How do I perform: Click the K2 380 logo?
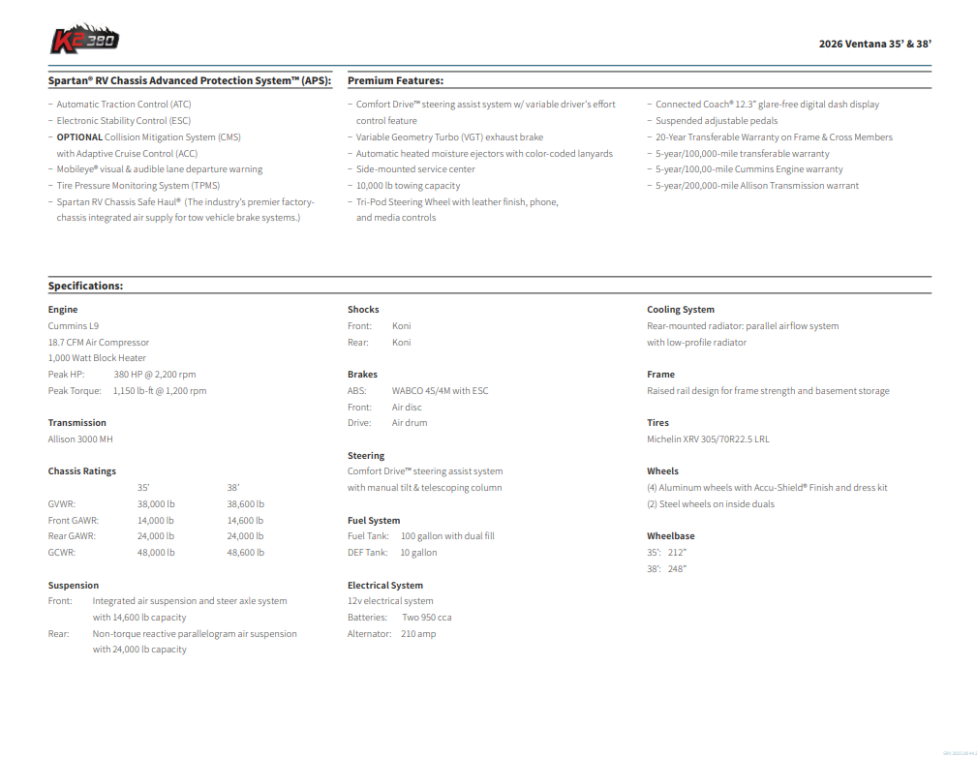pyautogui.click(x=84, y=40)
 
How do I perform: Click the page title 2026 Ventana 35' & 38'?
pyautogui.click(x=874, y=44)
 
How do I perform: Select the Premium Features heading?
pyautogui.click(x=395, y=81)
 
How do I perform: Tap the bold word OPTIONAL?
pyautogui.click(x=79, y=137)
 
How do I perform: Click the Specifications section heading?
pyautogui.click(x=85, y=287)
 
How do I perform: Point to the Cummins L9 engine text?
pyautogui.click(x=74, y=326)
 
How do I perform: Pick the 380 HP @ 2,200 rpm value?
pyautogui.click(x=155, y=375)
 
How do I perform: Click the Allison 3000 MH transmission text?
pyautogui.click(x=80, y=439)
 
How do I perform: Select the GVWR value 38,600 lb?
pyautogui.click(x=245, y=504)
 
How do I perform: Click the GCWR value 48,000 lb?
pyautogui.click(x=156, y=553)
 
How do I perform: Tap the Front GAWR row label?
pyautogui.click(x=74, y=521)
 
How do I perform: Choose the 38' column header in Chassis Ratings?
pyautogui.click(x=233, y=488)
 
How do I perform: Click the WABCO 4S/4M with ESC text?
pyautogui.click(x=440, y=391)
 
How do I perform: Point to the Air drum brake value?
pyautogui.click(x=410, y=423)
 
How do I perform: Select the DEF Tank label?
pyautogui.click(x=367, y=553)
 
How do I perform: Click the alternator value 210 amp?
pyautogui.click(x=418, y=634)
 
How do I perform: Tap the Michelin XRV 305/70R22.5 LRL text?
pyautogui.click(x=708, y=439)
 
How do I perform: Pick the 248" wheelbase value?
pyautogui.click(x=678, y=569)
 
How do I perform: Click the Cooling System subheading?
pyautogui.click(x=681, y=310)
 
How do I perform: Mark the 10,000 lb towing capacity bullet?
pyautogui.click(x=408, y=186)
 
